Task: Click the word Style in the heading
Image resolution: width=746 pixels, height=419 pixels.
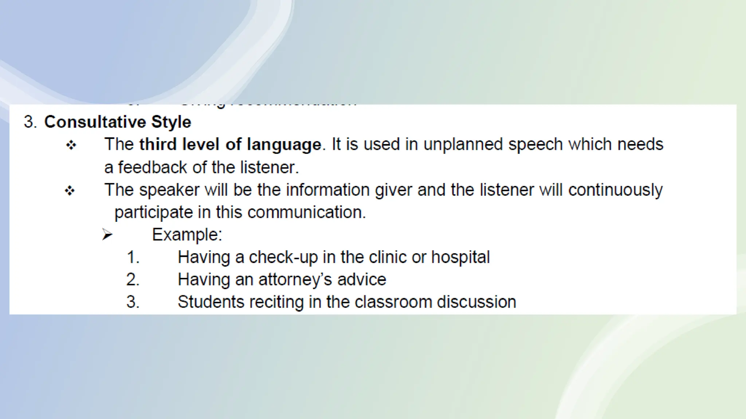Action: [171, 122]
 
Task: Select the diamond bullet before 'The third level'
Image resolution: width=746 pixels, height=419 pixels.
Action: [71, 145]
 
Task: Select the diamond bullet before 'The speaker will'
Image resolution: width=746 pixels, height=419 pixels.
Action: [70, 191]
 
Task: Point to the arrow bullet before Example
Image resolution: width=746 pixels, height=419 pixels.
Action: [107, 235]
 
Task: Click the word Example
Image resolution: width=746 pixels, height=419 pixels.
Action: [187, 235]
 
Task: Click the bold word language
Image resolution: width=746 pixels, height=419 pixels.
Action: [284, 145]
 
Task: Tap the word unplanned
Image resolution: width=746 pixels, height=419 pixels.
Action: [463, 144]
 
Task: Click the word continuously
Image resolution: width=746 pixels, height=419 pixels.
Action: [615, 190]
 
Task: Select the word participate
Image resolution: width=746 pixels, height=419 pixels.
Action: [153, 212]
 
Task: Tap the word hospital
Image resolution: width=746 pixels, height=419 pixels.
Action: [460, 257]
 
